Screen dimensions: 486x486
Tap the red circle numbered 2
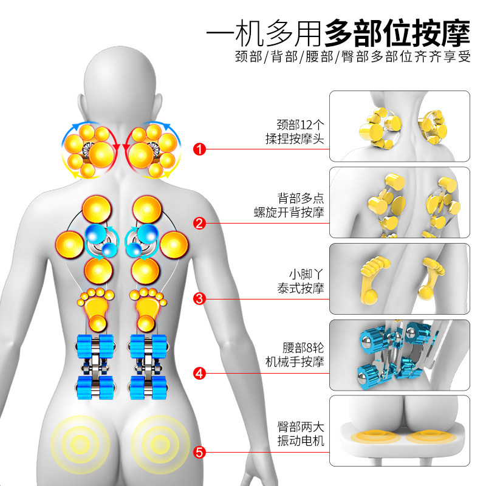click(x=199, y=223)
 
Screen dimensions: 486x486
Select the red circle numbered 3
click(x=199, y=298)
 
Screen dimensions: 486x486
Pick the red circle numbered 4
click(x=199, y=373)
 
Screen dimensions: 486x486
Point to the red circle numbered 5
click(x=199, y=453)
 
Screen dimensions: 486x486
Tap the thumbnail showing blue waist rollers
click(x=400, y=355)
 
